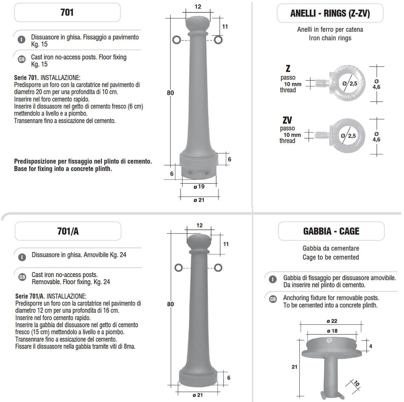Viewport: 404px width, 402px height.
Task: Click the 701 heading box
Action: [x=67, y=12]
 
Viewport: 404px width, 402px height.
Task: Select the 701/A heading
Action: [x=68, y=231]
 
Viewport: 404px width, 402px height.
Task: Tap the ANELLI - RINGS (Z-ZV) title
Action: [x=330, y=13]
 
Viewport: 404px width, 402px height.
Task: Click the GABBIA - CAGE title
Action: [x=331, y=231]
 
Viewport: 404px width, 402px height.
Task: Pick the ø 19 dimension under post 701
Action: [x=199, y=186]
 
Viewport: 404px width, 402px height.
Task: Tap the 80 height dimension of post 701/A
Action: [x=170, y=304]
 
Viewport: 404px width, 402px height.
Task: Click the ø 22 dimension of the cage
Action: [x=332, y=321]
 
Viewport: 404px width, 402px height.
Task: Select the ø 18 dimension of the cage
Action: [x=332, y=331]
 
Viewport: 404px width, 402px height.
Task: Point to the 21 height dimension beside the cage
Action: [x=294, y=367]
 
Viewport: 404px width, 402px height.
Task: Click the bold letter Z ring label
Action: [x=288, y=69]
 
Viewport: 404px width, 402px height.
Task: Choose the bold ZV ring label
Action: [x=287, y=120]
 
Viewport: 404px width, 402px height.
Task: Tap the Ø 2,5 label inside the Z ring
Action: [x=350, y=83]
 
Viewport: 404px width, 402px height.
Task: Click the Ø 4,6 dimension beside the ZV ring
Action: [x=376, y=137]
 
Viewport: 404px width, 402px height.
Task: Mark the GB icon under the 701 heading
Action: [x=22, y=59]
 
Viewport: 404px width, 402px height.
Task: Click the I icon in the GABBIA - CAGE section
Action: [x=273, y=279]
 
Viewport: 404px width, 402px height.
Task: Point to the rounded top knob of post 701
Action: [x=198, y=23]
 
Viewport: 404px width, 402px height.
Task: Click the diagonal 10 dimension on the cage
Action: [x=357, y=383]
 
